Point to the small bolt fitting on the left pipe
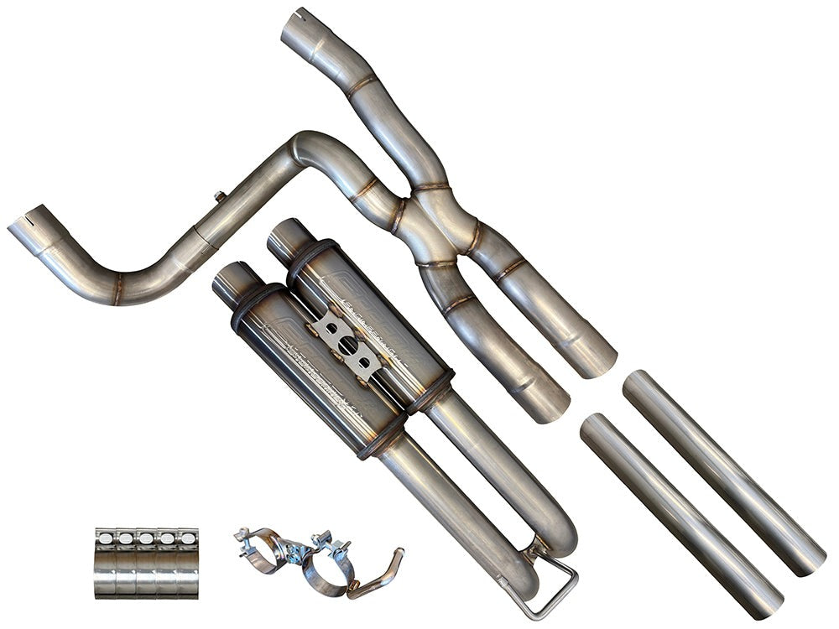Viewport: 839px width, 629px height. pos(220,197)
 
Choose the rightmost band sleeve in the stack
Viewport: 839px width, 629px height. pos(189,562)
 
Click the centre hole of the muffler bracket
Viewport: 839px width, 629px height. pos(345,344)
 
